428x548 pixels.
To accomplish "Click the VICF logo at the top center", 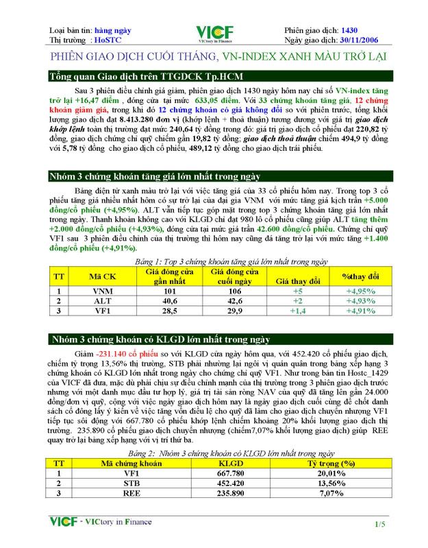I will click(x=214, y=34).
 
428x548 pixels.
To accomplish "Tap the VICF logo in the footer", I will click(x=63, y=521).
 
